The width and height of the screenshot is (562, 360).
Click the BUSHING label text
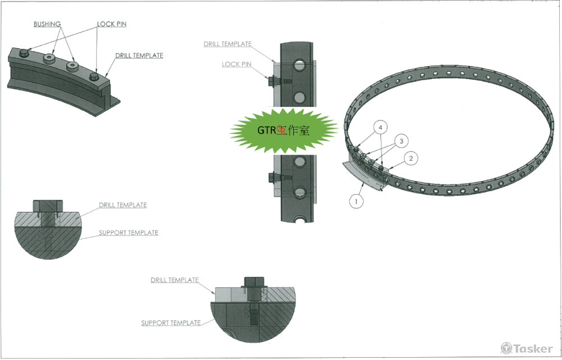coord(47,24)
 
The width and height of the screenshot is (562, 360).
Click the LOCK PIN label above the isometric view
coord(111,24)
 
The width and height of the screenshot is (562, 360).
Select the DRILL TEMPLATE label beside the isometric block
coord(139,56)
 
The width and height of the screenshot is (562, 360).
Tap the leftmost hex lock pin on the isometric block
coord(24,53)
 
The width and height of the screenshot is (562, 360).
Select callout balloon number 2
coord(411,159)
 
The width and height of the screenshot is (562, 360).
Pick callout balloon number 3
coord(401,141)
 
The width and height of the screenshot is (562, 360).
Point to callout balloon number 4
coord(381,128)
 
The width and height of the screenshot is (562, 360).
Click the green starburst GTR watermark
coord(283,130)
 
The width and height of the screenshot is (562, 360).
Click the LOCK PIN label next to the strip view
coord(236,64)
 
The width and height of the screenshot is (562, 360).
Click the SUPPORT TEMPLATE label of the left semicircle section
coord(128,232)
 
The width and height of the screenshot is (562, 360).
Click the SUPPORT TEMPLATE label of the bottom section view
coord(170,323)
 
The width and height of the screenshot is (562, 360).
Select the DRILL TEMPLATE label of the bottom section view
coord(174,280)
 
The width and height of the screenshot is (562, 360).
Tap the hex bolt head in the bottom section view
coord(252,281)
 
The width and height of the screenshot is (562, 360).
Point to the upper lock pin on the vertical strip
coord(272,82)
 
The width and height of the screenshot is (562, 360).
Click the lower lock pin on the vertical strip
coord(272,178)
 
